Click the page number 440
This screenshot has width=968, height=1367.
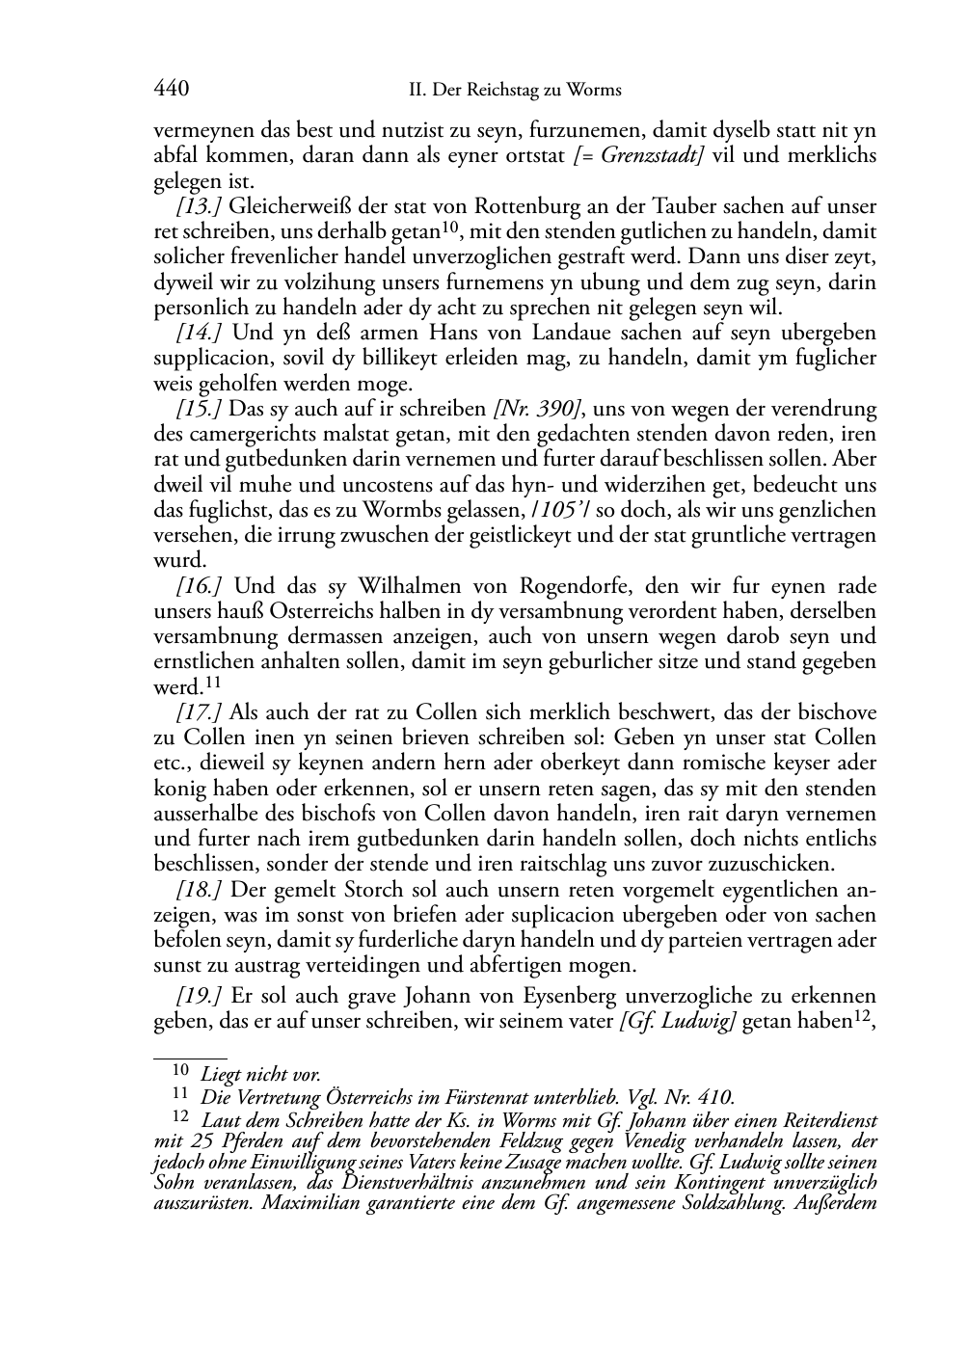[x=171, y=89]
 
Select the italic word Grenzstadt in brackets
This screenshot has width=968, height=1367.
[x=648, y=156]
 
